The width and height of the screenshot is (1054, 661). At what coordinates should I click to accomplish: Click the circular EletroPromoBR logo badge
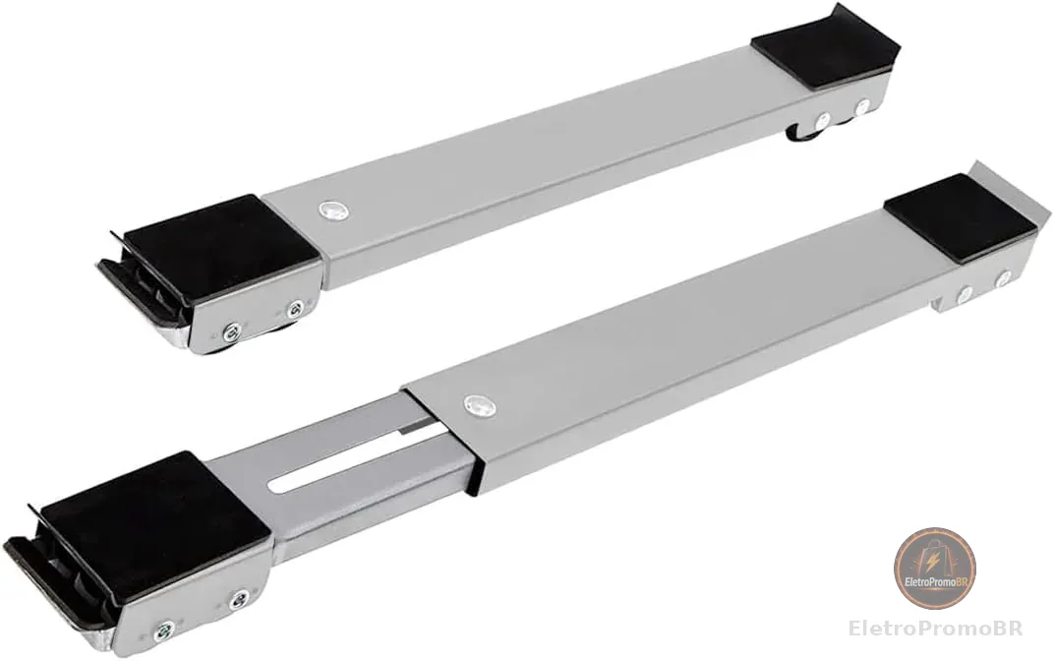(934, 569)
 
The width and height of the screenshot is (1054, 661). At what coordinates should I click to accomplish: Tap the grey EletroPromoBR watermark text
(936, 629)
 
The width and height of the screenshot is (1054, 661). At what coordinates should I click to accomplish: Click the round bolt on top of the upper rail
(334, 210)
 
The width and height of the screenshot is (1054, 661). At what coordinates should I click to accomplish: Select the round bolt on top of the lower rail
(480, 405)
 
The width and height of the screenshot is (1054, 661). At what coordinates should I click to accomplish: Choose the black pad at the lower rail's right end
(960, 216)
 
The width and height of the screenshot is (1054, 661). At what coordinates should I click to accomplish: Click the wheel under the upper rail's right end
(803, 131)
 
